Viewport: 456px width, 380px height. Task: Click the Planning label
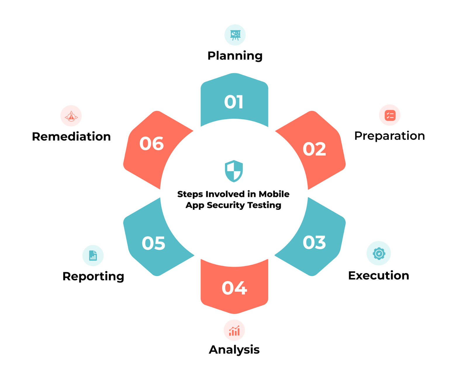(x=235, y=56)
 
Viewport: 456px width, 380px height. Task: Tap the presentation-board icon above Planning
(x=235, y=35)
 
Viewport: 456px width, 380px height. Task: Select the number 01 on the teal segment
(x=234, y=102)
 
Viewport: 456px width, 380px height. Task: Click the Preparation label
(x=389, y=136)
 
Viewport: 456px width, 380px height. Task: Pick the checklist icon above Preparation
(x=390, y=115)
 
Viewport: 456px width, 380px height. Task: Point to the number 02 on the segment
(x=314, y=149)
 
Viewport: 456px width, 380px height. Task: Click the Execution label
(x=378, y=276)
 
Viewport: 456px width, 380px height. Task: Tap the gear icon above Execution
(x=379, y=253)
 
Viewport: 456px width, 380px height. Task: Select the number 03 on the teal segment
(x=314, y=243)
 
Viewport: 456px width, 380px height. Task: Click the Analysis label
(x=234, y=350)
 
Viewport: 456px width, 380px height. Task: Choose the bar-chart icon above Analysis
(x=234, y=331)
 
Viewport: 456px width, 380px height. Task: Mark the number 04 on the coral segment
(x=234, y=288)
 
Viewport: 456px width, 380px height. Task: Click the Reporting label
(x=93, y=276)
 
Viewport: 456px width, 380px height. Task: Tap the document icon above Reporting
(x=93, y=255)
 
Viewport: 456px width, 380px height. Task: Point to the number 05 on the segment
(x=153, y=243)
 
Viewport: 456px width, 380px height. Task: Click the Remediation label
(x=71, y=137)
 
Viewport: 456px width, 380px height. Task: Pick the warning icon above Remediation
(x=71, y=116)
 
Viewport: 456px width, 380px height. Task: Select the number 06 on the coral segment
(x=151, y=144)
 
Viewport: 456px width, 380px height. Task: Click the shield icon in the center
(x=234, y=171)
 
